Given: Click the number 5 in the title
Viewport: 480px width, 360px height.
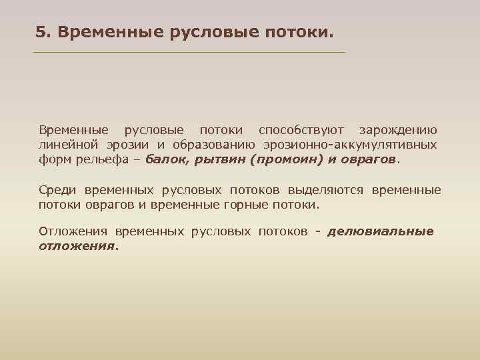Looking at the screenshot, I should [x=40, y=31].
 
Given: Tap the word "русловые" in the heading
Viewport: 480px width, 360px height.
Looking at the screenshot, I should [x=219, y=31].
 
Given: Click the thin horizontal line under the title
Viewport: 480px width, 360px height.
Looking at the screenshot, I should [x=190, y=52].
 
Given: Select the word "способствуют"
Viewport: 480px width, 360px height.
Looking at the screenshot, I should [x=301, y=129].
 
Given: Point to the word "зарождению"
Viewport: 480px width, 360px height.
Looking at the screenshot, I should [x=398, y=129].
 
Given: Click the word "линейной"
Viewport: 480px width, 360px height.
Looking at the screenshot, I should [x=65, y=145].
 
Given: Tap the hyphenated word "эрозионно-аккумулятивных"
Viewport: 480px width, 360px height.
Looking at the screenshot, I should [x=350, y=145].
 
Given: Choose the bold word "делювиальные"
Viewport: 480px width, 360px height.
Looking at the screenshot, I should [x=381, y=231].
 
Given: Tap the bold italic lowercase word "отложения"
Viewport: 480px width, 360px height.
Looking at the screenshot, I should [x=76, y=246].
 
